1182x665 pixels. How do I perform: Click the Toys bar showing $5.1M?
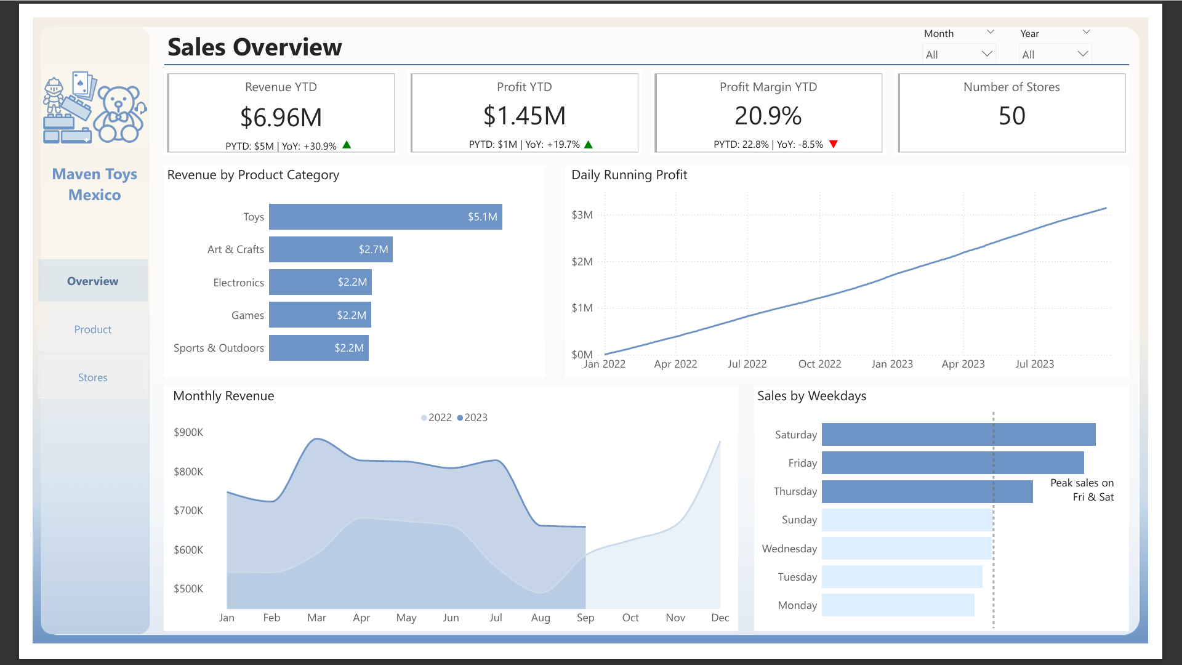click(385, 217)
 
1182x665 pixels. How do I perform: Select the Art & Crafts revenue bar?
click(331, 249)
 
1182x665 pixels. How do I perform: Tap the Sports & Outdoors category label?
click(219, 348)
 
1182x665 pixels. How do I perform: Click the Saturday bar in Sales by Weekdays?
click(958, 435)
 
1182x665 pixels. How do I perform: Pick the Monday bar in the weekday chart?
click(898, 605)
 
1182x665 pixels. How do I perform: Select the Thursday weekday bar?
click(927, 491)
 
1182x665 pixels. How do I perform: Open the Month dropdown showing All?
click(959, 54)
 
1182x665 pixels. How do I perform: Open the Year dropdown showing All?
click(1055, 54)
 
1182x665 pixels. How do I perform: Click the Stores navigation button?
click(93, 377)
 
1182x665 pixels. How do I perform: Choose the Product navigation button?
click(93, 329)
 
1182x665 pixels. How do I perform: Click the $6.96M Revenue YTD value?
click(281, 118)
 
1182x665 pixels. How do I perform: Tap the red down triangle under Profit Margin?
click(834, 144)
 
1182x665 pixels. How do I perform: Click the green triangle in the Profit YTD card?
click(588, 145)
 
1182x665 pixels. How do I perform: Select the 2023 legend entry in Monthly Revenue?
click(472, 417)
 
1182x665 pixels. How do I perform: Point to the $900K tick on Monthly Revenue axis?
click(188, 432)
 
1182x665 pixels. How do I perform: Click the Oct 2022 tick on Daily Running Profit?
click(819, 364)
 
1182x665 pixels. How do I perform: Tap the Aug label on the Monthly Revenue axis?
click(541, 618)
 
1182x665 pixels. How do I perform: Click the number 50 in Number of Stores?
click(1011, 116)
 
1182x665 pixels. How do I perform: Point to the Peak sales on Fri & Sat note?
click(1082, 490)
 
